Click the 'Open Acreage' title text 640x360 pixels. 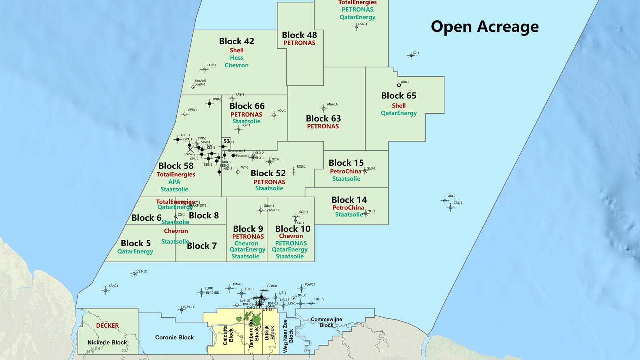tap(485, 26)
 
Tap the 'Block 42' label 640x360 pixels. tap(236, 41)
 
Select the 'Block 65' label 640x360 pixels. tap(399, 96)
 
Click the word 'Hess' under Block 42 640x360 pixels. tap(236, 58)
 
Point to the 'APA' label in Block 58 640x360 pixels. tap(174, 182)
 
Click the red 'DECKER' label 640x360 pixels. tap(107, 325)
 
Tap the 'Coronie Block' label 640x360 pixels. tap(174, 337)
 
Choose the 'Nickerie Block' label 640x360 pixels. tap(107, 342)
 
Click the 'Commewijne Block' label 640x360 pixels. tap(326, 322)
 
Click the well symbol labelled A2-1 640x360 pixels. tap(411, 56)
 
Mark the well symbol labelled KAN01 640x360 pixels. tap(105, 290)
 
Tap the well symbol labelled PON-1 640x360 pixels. tap(204, 70)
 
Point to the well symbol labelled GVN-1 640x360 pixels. tap(357, 27)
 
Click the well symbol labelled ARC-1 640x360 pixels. tap(445, 201)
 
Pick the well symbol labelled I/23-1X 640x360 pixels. tap(134, 274)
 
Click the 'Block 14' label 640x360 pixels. tap(349, 200)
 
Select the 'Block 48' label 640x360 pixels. tap(299, 35)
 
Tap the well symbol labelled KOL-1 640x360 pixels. tap(274, 115)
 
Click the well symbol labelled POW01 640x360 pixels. tap(301, 289)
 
